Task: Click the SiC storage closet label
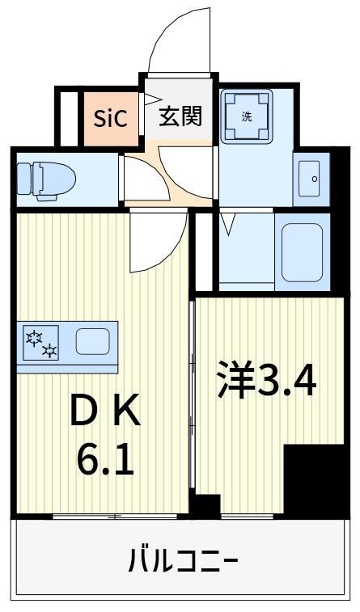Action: (x=110, y=119)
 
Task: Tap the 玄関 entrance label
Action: (x=180, y=116)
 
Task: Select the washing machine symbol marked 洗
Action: (x=247, y=116)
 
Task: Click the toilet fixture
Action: (x=47, y=178)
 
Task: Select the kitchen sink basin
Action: (x=92, y=341)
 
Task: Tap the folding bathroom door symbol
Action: (x=228, y=223)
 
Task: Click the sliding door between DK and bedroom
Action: (x=192, y=396)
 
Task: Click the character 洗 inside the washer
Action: (x=247, y=116)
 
